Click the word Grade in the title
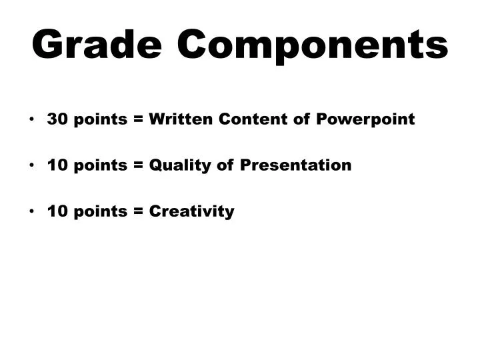pos(97,45)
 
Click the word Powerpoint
pos(365,120)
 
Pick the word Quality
pos(181,166)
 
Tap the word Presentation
pos(295,165)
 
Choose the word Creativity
pos(192,212)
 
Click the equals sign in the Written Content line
pos(139,120)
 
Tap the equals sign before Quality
pos(139,166)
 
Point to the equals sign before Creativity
pos(139,212)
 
